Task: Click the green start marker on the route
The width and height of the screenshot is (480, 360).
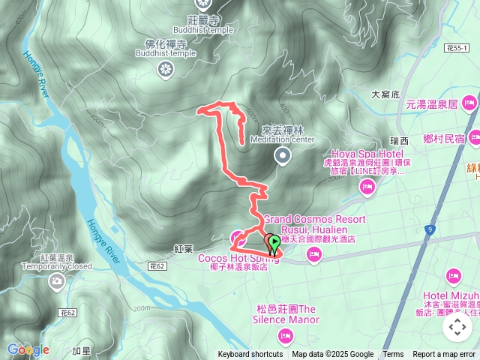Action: (x=274, y=241)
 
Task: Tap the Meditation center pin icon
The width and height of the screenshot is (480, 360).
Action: (x=283, y=155)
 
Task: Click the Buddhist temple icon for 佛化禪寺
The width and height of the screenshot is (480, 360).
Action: (x=166, y=70)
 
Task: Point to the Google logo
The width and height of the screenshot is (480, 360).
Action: (x=28, y=349)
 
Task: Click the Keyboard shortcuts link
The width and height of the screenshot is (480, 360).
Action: (x=250, y=355)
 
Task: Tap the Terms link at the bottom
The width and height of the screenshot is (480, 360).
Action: (x=393, y=355)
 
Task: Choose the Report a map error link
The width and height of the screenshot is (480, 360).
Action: (x=444, y=355)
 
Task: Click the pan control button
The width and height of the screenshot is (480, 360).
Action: (x=456, y=327)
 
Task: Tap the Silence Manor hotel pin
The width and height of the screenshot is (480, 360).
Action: (x=285, y=335)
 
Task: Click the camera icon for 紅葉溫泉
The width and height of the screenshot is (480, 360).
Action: (x=56, y=282)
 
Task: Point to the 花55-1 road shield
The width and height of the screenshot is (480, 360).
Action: (x=456, y=48)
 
